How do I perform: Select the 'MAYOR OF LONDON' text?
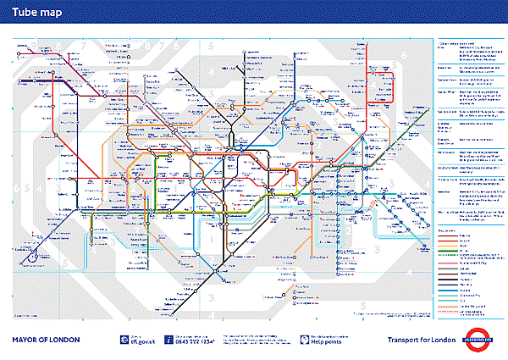(46, 340)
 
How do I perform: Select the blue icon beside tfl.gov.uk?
(124, 341)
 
